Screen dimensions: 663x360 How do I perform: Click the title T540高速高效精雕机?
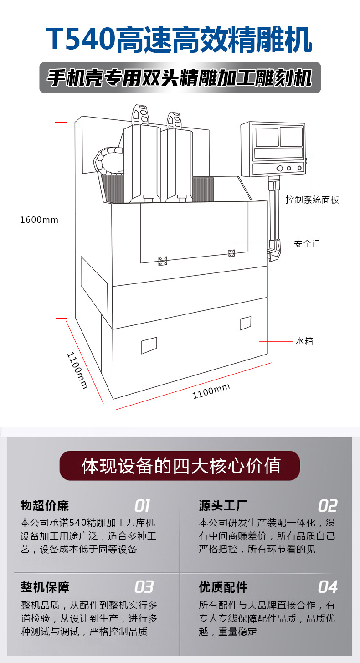coord(180,40)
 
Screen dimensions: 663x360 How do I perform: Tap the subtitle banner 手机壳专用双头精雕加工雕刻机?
coord(180,77)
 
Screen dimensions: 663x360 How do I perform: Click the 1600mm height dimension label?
coord(39,220)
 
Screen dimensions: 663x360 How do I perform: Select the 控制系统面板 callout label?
coord(312,200)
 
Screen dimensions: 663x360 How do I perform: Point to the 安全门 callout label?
coord(307,243)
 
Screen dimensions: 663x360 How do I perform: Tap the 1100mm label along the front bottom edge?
coord(211,391)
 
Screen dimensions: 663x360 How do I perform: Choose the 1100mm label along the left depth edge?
coord(77,370)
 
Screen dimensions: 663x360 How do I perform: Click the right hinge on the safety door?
coord(231,253)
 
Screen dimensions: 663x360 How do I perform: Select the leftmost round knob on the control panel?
coord(279,169)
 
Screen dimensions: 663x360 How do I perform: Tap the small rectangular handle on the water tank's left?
coord(149,345)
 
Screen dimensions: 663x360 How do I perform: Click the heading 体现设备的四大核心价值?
coord(180,466)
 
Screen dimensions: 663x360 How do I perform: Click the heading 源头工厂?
coord(223,506)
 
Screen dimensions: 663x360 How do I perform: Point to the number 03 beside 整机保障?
coord(144,586)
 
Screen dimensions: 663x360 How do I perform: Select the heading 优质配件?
coord(223,587)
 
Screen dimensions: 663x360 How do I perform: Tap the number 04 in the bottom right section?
coord(327,586)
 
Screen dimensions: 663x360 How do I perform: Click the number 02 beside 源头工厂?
coord(327,506)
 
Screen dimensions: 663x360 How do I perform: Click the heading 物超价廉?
coord(45,506)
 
